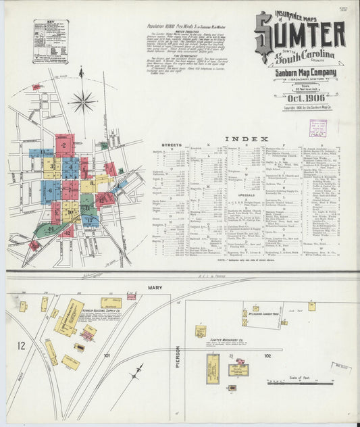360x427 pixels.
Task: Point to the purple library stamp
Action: (317, 128)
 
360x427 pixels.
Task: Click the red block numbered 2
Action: (65, 145)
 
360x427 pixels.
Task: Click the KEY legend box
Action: (51, 41)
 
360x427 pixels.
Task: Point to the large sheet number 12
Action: (22, 347)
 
